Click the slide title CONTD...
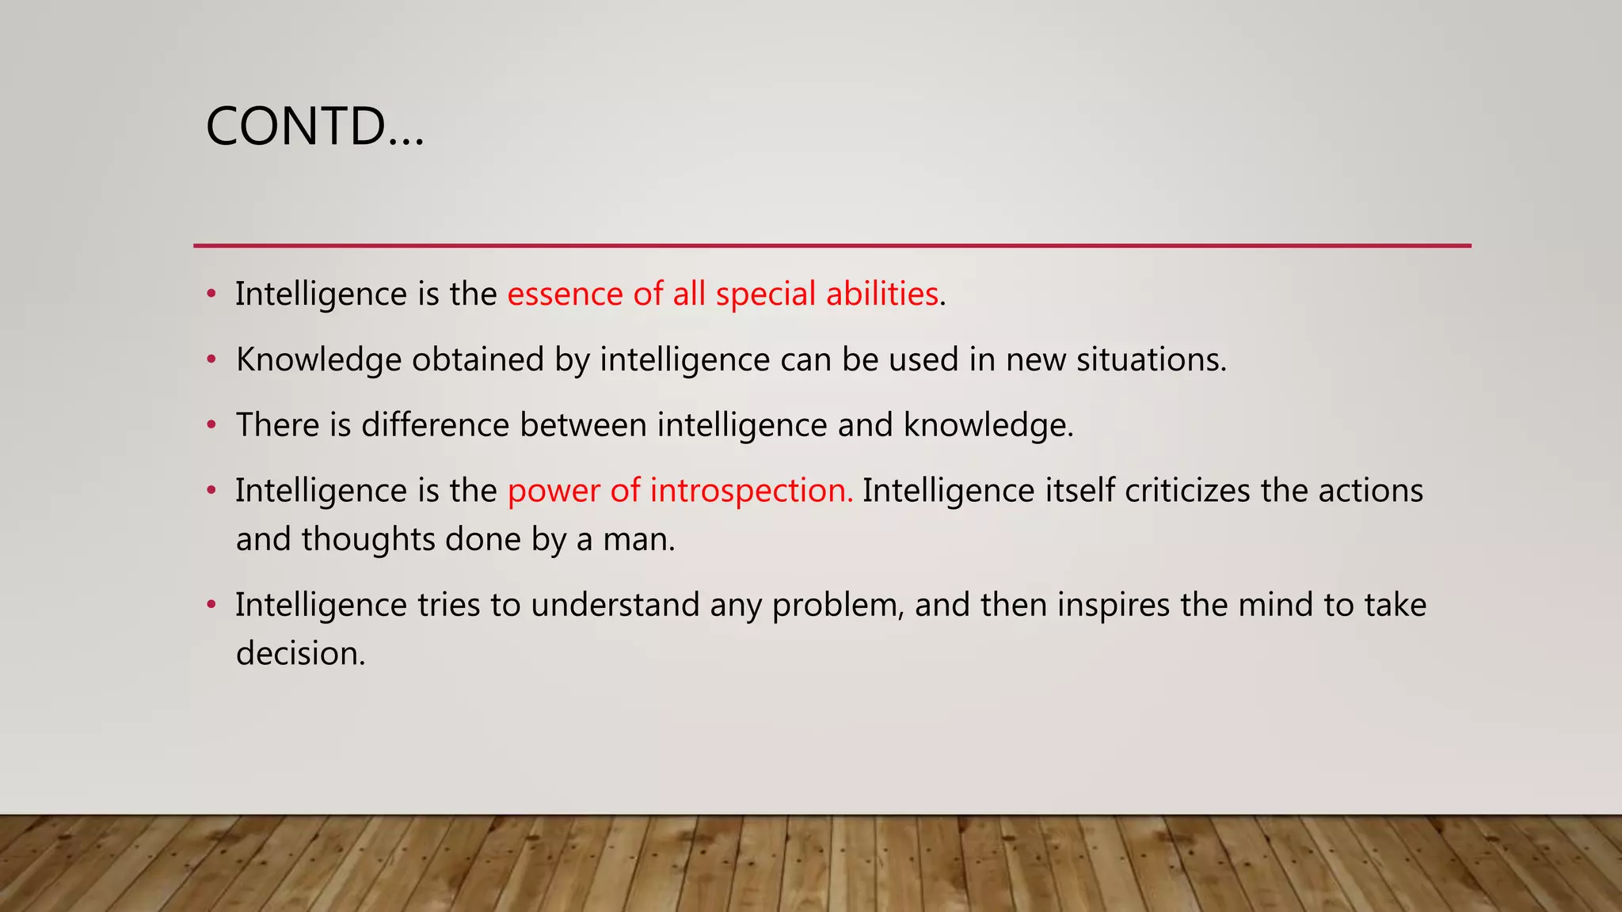314,127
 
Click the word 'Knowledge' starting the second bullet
318,360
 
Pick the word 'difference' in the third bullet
435,425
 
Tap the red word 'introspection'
750,491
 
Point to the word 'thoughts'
367,540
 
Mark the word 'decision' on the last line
299,654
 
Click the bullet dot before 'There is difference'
211,425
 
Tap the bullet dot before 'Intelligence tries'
211,606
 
